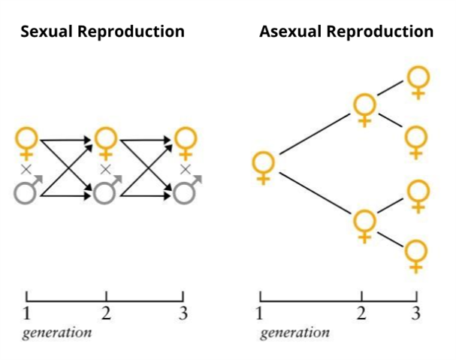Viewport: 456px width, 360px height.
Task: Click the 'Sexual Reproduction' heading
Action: (102, 32)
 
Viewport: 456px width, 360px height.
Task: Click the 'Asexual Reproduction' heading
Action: (346, 32)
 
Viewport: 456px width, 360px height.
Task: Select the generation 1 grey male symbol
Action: (27, 190)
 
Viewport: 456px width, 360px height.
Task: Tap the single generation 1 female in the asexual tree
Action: (263, 167)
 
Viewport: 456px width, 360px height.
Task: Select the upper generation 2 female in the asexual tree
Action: (364, 109)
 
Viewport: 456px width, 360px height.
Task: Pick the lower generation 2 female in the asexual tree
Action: (364, 225)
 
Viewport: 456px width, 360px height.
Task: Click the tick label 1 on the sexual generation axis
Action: (26, 313)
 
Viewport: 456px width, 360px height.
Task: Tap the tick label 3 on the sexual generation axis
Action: (183, 313)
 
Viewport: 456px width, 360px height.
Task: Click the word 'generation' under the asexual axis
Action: (294, 332)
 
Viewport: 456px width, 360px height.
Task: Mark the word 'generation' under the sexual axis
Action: (58, 332)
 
